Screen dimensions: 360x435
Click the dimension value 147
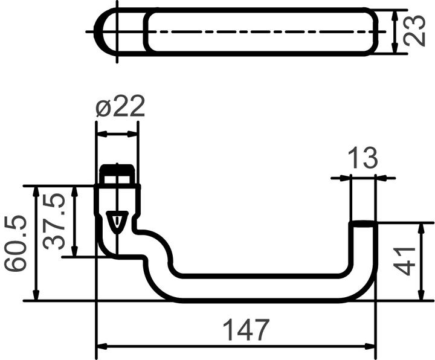click(246, 330)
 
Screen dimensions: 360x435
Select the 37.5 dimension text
click(55, 222)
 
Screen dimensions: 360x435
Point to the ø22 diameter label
click(120, 108)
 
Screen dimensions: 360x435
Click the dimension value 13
click(362, 158)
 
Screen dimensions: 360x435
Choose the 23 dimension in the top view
click(414, 31)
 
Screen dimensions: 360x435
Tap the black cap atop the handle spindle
click(117, 174)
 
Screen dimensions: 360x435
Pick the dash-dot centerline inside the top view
click(260, 31)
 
